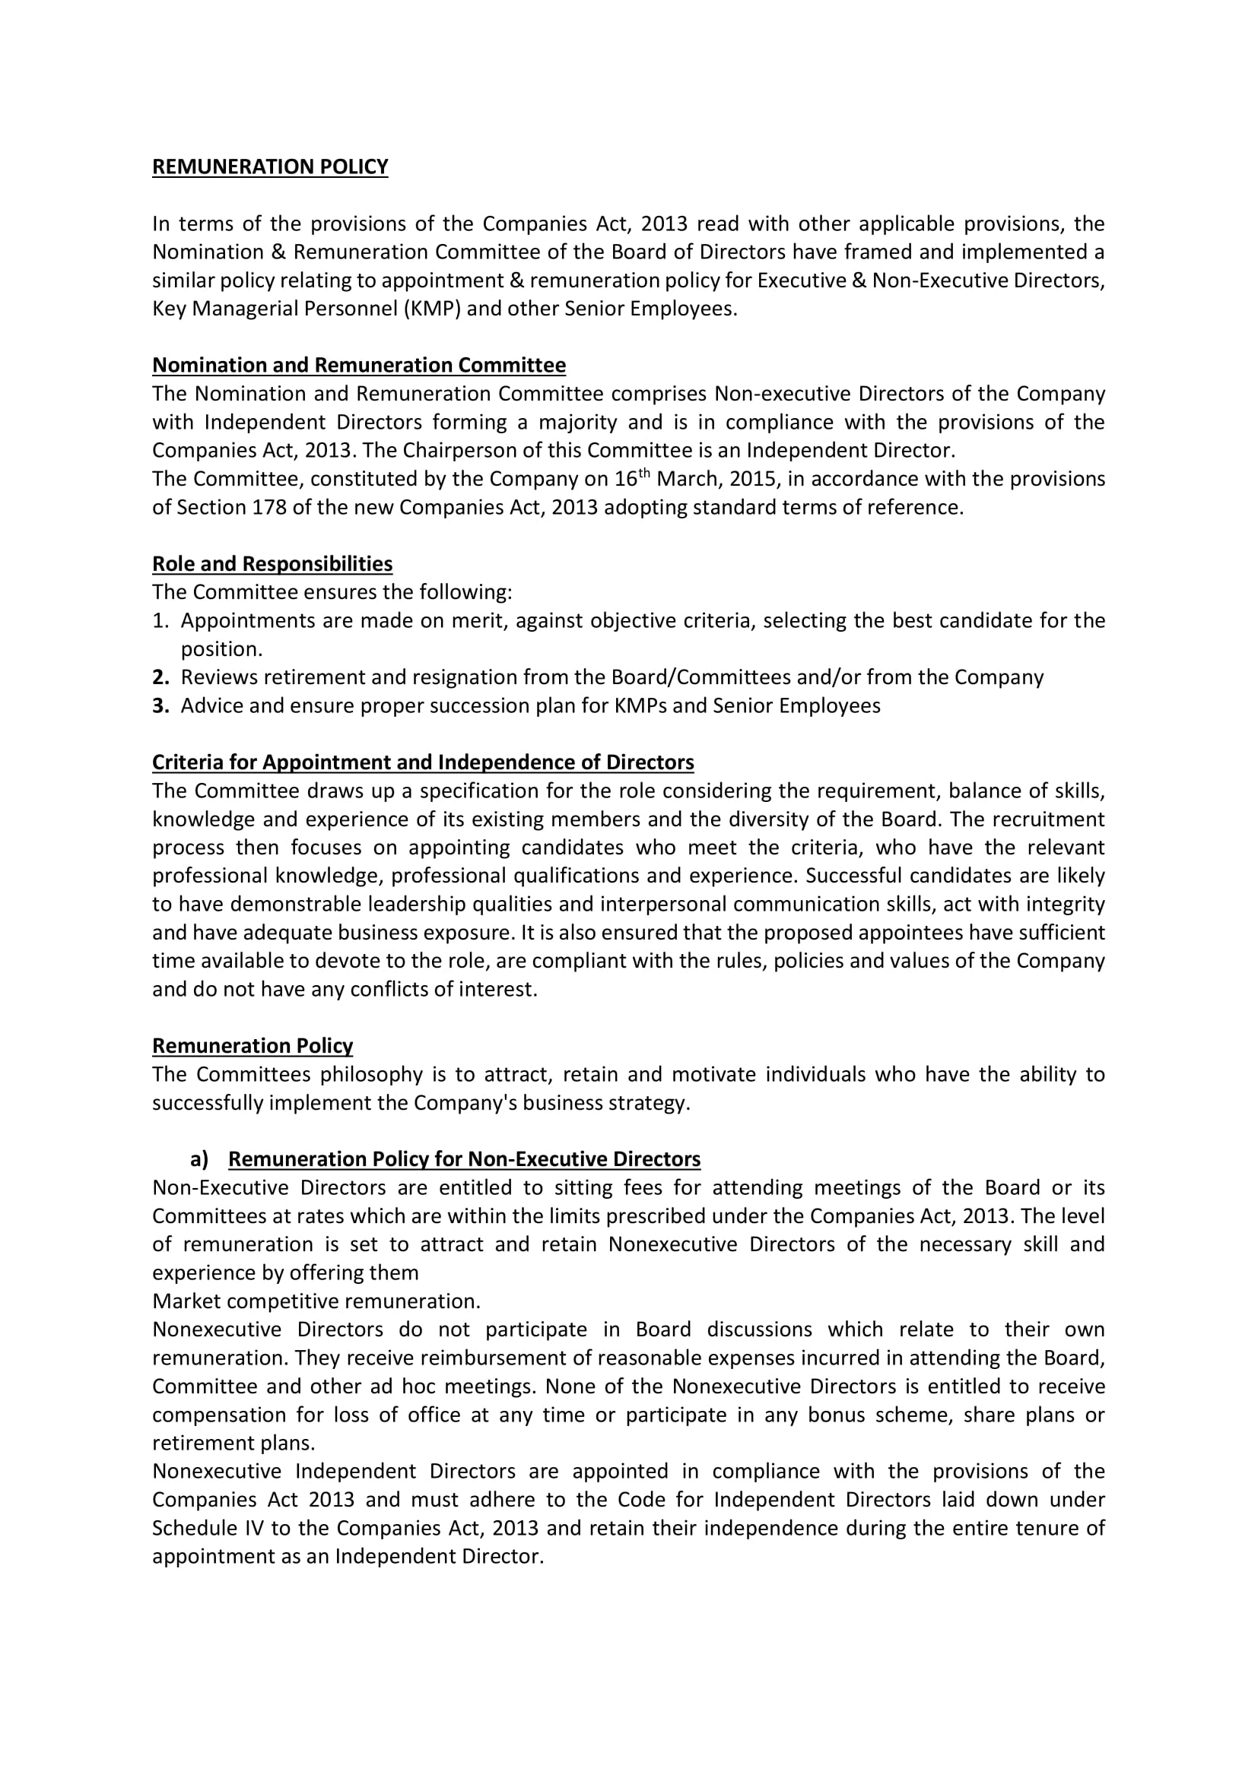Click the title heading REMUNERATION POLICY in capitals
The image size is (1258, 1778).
[x=269, y=167]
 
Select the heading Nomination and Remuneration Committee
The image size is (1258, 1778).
[x=359, y=365]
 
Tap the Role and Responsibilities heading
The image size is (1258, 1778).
[x=272, y=564]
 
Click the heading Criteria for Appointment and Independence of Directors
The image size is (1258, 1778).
[x=423, y=762]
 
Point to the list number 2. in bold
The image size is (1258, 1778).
[x=160, y=677]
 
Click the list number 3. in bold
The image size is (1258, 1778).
[x=160, y=706]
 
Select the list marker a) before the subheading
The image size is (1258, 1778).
[x=199, y=1159]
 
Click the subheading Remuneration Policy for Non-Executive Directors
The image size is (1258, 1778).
[x=464, y=1159]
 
